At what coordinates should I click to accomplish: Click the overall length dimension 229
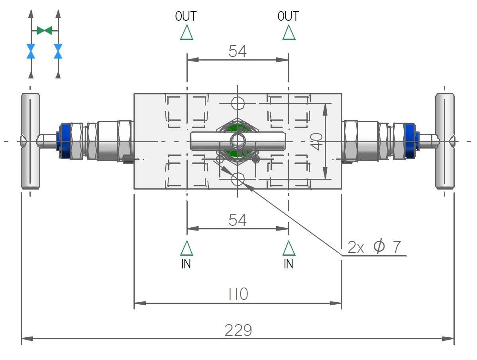(x=238, y=331)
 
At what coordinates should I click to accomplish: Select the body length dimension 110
(x=238, y=295)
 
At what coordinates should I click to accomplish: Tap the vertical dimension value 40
(x=317, y=141)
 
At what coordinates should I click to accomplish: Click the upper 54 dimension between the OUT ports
(x=238, y=51)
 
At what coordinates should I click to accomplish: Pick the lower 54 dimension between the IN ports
(x=238, y=220)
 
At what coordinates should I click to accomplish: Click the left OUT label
(x=186, y=16)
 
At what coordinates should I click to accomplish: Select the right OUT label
(x=289, y=16)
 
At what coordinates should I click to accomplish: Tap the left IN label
(x=186, y=264)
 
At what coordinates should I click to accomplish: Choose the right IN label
(x=289, y=264)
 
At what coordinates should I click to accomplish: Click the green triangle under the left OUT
(x=186, y=33)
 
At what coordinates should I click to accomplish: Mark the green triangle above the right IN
(x=289, y=248)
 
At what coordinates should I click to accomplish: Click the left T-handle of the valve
(x=30, y=141)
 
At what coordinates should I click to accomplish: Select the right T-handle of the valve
(x=445, y=141)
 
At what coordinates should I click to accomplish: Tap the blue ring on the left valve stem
(x=65, y=141)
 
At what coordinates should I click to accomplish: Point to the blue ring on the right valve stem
(x=410, y=141)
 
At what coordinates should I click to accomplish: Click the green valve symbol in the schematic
(x=44, y=30)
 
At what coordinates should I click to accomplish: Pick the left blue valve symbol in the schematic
(x=31, y=51)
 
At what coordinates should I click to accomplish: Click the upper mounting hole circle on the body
(x=238, y=103)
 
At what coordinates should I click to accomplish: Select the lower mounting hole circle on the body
(x=238, y=180)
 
